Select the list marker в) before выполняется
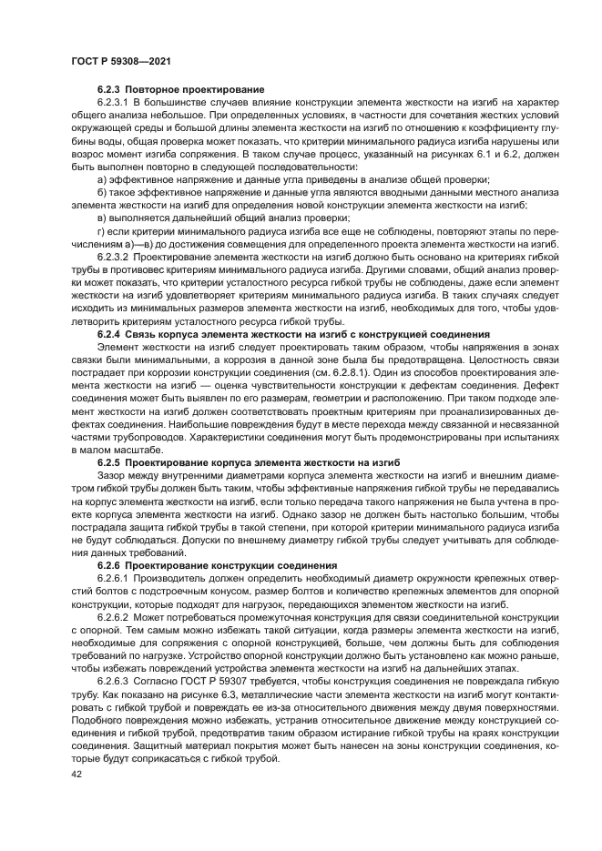click(x=101, y=218)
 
